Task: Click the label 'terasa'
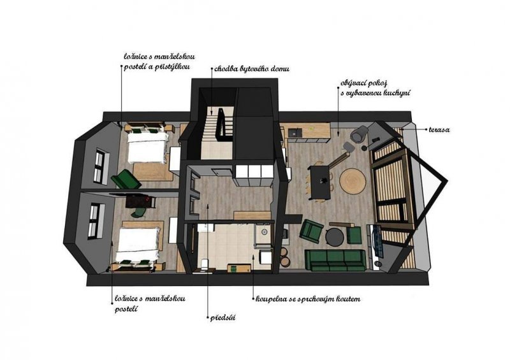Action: pos(439,129)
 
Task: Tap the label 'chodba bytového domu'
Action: pos(252,69)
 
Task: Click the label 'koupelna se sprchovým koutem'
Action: pos(308,299)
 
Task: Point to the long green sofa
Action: pos(333,261)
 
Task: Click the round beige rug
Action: pos(353,181)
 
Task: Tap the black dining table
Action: pos(320,182)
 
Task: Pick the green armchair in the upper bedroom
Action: pos(126,179)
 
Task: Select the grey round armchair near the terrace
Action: pos(360,134)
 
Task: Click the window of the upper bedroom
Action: pos(99,166)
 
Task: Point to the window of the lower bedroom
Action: pos(94,220)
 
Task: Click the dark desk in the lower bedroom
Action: pos(140,202)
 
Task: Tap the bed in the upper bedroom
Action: pos(148,147)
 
